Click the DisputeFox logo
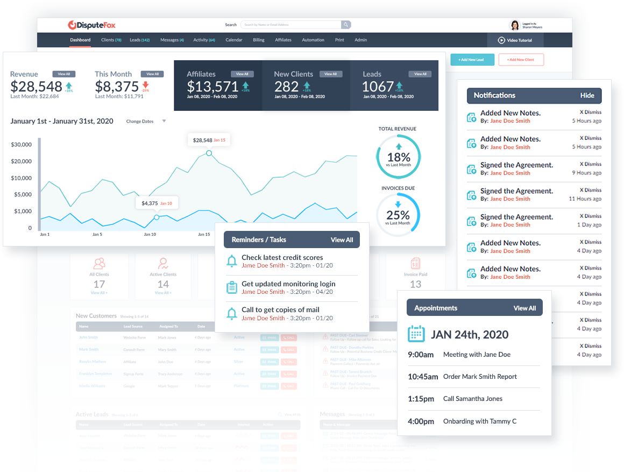click(x=91, y=25)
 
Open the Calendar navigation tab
click(x=233, y=40)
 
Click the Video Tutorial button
click(x=515, y=40)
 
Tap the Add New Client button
click(x=521, y=60)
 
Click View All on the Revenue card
click(x=64, y=74)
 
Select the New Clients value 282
click(x=286, y=87)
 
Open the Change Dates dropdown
click(x=146, y=122)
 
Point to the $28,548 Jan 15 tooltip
click(x=209, y=140)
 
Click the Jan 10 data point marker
click(x=157, y=217)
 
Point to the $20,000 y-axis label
click(x=22, y=161)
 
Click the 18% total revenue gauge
click(x=398, y=157)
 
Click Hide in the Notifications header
click(x=587, y=96)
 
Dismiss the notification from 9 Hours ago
click(x=590, y=164)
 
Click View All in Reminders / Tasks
click(x=342, y=240)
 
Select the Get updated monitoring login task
click(x=288, y=284)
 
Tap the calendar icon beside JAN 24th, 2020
click(x=416, y=334)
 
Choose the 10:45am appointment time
click(x=423, y=377)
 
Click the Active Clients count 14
click(x=163, y=284)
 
